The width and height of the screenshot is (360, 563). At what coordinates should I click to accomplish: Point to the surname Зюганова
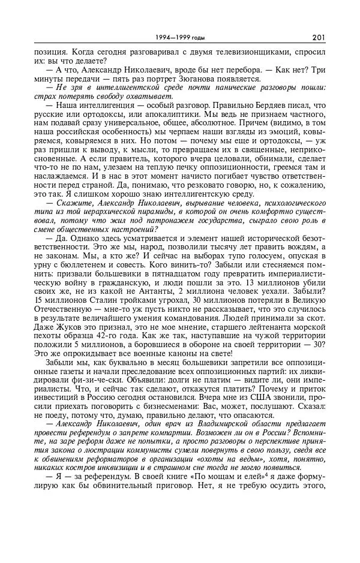[x=201, y=78]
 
